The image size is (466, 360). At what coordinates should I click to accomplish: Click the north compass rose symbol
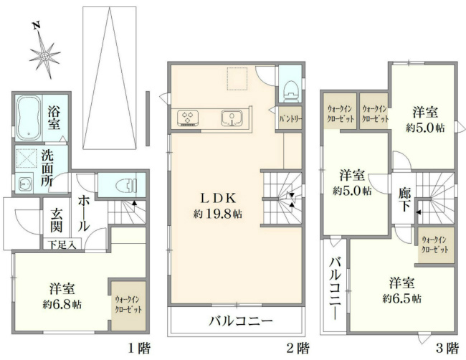click(x=45, y=53)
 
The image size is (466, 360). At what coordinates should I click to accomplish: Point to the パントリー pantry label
click(x=290, y=117)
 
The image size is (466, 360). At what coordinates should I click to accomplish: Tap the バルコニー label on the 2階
click(x=240, y=321)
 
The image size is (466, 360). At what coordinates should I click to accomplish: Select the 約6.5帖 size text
click(x=401, y=298)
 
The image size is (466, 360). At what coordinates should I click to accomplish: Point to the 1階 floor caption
click(x=139, y=349)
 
